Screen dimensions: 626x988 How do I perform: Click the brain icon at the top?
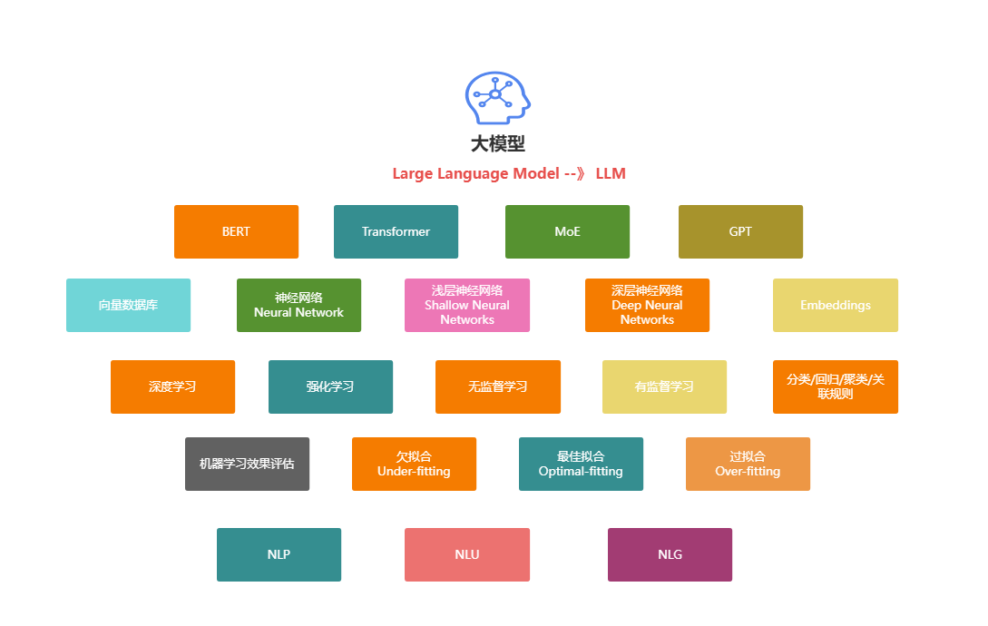[497, 98]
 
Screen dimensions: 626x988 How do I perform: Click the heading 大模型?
[497, 143]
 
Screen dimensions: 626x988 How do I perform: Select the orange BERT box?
[236, 231]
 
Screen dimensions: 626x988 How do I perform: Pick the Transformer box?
[396, 231]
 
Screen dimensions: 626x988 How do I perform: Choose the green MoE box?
[567, 231]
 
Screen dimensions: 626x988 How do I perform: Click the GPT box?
[740, 231]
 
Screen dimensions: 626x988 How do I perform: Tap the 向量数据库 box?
[128, 305]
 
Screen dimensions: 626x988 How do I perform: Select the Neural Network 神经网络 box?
[298, 305]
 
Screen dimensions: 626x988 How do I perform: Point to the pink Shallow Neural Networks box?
[467, 305]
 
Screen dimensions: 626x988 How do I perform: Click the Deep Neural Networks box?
[647, 305]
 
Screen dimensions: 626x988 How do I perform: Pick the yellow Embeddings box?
[836, 305]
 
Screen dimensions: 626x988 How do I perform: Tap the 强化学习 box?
[330, 386]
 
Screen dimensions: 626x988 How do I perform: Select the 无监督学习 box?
[497, 386]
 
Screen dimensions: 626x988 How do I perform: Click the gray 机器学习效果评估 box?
[247, 464]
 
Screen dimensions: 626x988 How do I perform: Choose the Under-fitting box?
[414, 464]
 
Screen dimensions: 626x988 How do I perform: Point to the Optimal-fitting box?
[581, 464]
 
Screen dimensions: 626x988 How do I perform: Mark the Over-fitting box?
[748, 464]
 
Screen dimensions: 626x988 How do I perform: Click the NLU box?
[467, 554]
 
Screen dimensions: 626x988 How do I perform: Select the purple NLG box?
[670, 554]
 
